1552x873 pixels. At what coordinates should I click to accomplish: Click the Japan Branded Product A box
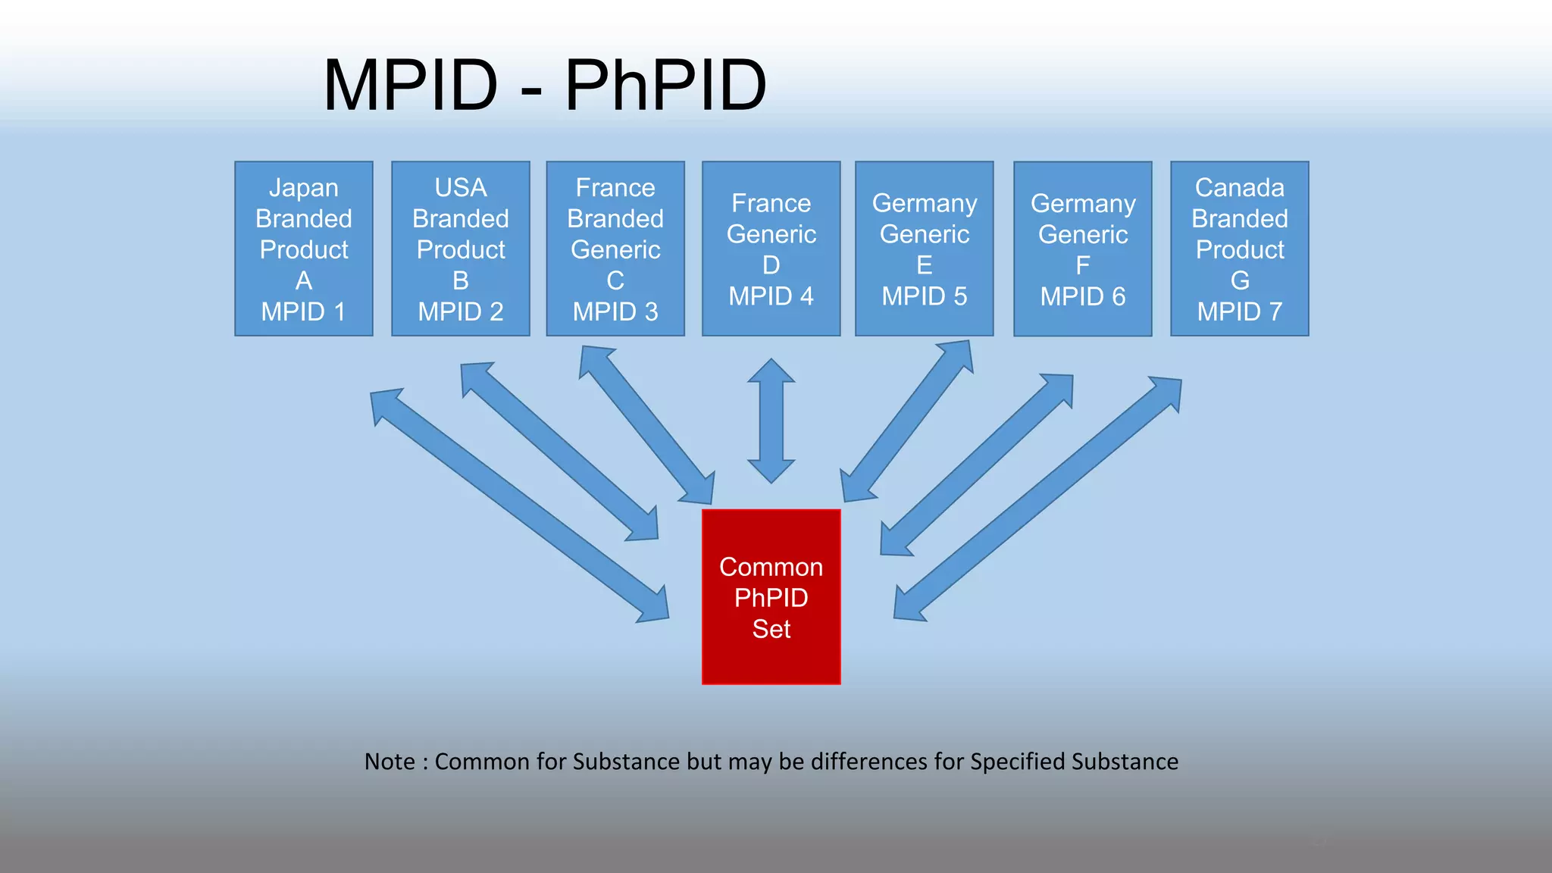303,249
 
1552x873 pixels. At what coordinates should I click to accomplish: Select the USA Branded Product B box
460,249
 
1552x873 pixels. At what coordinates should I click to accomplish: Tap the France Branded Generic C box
615,249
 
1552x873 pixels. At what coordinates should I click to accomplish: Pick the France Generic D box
771,249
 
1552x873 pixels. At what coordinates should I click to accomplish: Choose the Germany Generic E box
924,249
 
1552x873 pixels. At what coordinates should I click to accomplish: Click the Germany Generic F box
1082,249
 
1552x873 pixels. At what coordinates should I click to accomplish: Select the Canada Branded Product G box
1239,249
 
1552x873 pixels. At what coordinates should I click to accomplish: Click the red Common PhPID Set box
771,596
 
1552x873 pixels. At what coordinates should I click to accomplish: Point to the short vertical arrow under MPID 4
771,421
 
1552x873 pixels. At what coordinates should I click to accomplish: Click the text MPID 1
303,311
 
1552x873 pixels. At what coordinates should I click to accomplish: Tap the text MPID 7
1239,311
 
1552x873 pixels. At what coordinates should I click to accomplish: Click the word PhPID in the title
665,85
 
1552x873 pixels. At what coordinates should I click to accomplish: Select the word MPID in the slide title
410,85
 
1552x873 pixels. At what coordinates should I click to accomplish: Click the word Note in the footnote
390,761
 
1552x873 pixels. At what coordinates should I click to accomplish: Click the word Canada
1239,187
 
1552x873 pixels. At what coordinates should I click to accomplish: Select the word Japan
303,187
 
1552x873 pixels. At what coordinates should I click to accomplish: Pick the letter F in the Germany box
1082,265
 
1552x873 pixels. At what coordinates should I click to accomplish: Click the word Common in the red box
771,567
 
